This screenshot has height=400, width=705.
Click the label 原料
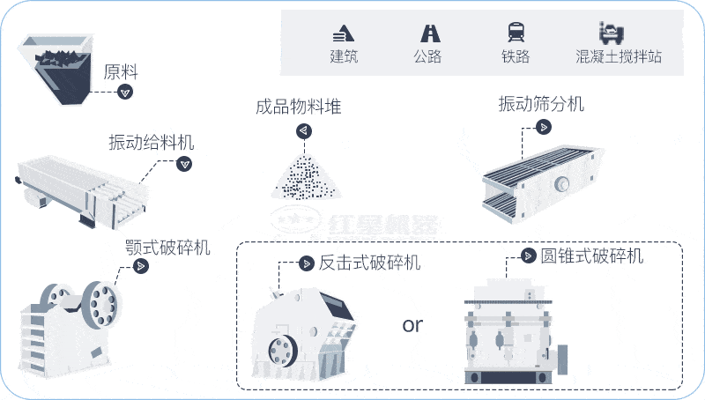(122, 71)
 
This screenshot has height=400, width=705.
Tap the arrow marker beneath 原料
(126, 92)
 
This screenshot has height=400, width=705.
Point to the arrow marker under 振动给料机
(184, 163)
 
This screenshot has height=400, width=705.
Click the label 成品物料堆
(298, 107)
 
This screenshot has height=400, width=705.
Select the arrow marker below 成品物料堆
(303, 130)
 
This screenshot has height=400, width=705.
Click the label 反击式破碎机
(369, 263)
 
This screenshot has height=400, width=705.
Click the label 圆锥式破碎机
(591, 256)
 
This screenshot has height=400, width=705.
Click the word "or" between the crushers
(412, 325)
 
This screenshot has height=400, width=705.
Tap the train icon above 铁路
(516, 33)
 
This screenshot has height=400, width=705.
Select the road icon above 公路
(430, 33)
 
